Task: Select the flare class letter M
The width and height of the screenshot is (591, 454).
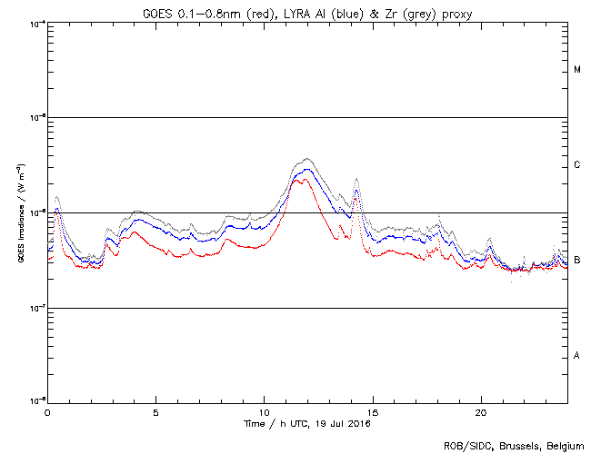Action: pyautogui.click(x=577, y=70)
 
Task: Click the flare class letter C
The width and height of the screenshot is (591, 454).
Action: pyautogui.click(x=577, y=165)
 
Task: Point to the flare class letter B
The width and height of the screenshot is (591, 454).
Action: pyautogui.click(x=577, y=261)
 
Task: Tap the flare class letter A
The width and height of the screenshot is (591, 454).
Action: pyautogui.click(x=577, y=356)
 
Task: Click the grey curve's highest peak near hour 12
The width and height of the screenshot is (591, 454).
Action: pyautogui.click(x=306, y=159)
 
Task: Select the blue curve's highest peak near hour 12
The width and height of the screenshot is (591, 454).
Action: pyautogui.click(x=306, y=169)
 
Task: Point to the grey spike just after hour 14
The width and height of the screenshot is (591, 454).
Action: pyautogui.click(x=356, y=179)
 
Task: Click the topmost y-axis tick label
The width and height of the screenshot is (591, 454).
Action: pyautogui.click(x=37, y=23)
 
